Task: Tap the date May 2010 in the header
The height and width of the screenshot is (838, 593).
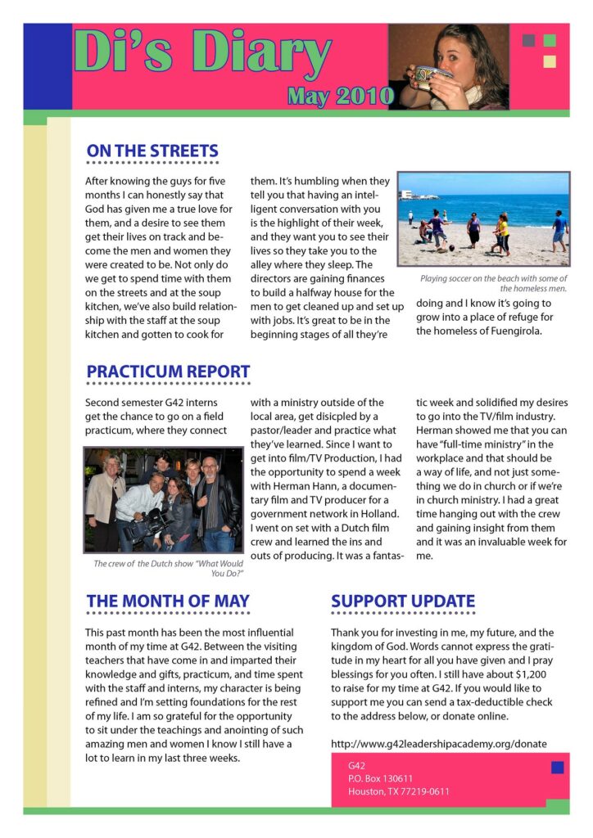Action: click(340, 97)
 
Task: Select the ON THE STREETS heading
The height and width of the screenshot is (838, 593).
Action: click(152, 151)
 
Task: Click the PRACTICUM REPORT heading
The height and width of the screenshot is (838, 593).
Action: click(168, 372)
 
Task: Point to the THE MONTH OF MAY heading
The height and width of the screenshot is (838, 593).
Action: click(168, 601)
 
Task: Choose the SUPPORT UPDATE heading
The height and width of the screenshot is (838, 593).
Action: click(403, 601)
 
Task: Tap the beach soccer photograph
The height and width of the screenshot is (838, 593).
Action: click(483, 219)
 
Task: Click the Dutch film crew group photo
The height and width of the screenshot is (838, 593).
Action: click(163, 499)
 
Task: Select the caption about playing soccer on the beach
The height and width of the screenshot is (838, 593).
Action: click(494, 283)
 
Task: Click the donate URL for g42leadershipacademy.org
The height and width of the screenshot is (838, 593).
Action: click(438, 744)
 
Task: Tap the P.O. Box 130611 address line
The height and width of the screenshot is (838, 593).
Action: click(380, 778)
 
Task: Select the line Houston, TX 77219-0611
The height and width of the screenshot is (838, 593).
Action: click(398, 791)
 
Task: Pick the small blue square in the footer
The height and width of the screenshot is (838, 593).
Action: click(557, 767)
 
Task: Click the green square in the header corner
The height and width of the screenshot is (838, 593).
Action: click(549, 41)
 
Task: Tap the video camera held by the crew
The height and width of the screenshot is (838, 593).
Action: click(139, 524)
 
